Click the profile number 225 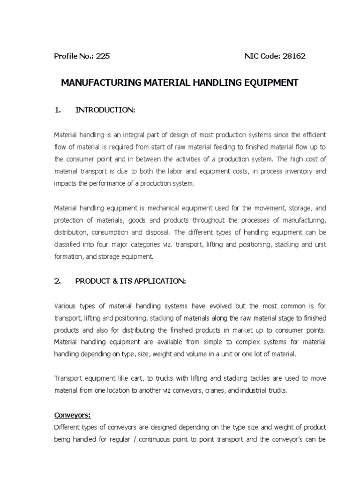103,56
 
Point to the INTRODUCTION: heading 105,110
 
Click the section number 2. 58,281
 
